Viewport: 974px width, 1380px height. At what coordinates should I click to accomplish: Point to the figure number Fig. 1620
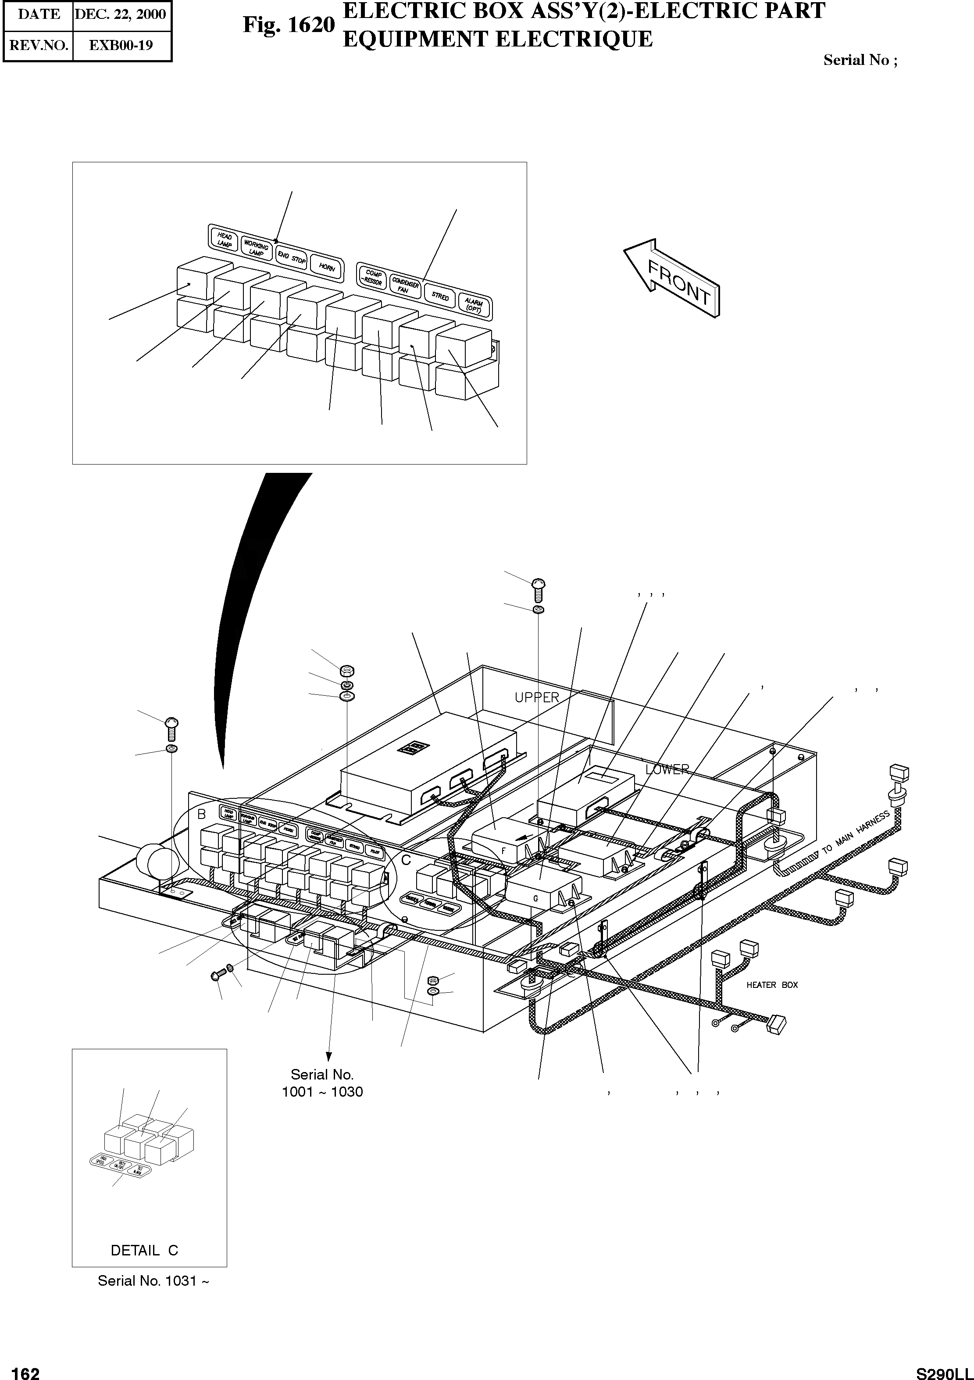click(289, 25)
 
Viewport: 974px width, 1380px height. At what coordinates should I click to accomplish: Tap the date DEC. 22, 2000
click(121, 14)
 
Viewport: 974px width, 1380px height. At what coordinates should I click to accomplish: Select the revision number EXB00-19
click(121, 45)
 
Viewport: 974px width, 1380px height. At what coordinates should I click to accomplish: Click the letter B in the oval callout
click(202, 814)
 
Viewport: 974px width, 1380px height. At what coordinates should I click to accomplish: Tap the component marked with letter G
click(535, 897)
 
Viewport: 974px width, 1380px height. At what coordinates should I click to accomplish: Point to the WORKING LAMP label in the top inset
click(257, 249)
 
